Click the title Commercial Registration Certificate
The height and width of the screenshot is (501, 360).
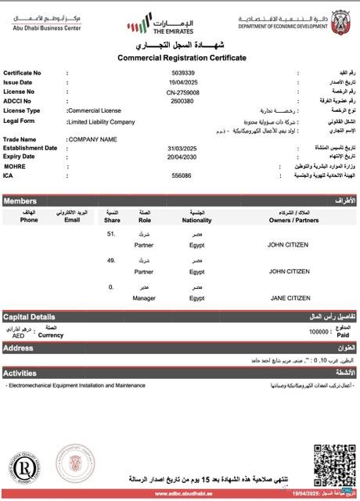point(182,58)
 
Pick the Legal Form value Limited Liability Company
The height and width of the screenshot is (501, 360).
point(102,122)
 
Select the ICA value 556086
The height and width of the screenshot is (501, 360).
point(182,175)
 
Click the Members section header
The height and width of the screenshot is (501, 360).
point(20,201)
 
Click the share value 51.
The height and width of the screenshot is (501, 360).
point(111,233)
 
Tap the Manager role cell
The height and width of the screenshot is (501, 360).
point(144,298)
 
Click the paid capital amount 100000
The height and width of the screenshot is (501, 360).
point(319,332)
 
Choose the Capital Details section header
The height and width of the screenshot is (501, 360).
point(28,317)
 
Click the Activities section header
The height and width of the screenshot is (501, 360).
point(20,373)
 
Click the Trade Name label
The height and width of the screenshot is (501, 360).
point(20,139)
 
